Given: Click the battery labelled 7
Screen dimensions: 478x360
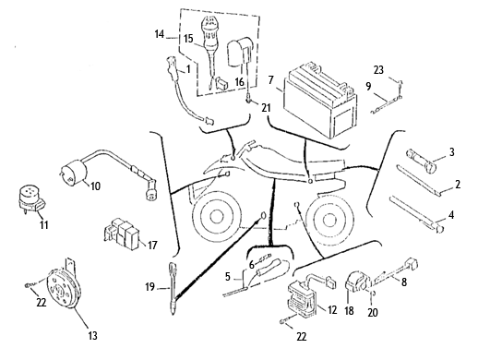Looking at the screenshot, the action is click(320, 102).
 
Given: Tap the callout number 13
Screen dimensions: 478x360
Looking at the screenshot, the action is click(92, 335).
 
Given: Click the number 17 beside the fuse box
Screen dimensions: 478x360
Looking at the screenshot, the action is click(152, 246).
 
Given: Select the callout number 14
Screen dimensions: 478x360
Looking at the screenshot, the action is click(159, 34).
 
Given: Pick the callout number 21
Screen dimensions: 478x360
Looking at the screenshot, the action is click(266, 107).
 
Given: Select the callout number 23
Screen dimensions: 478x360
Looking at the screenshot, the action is click(378, 70).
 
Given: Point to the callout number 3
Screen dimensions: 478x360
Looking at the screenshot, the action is click(451, 151).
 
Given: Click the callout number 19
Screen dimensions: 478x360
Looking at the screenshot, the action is click(149, 287).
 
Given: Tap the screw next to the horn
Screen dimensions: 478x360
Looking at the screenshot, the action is click(30, 285).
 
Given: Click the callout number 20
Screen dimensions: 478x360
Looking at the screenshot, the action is click(373, 312).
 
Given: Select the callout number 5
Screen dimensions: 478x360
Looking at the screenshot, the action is click(227, 277).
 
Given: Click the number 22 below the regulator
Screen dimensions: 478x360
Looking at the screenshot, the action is click(302, 337).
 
